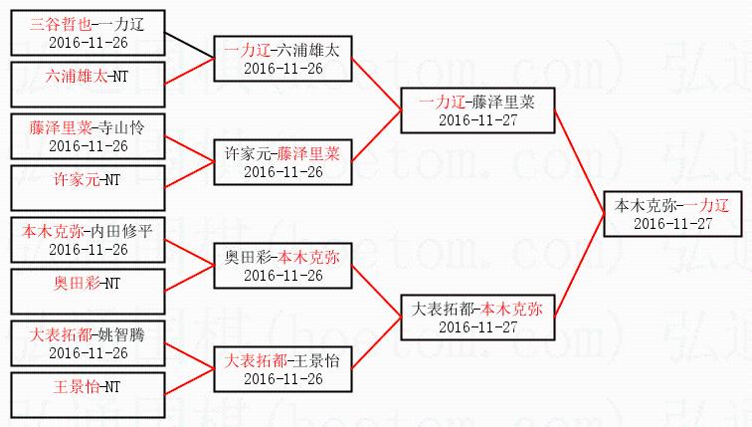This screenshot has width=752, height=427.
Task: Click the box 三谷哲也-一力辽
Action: tap(88, 33)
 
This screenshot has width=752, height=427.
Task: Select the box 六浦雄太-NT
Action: tap(88, 78)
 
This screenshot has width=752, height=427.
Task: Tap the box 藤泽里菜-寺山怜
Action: tap(88, 135)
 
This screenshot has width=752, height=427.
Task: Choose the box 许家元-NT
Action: tap(88, 181)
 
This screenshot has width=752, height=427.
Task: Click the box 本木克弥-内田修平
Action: tap(88, 239)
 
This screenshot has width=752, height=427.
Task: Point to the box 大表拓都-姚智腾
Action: tap(88, 342)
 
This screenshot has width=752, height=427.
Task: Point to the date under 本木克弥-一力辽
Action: tap(672, 223)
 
